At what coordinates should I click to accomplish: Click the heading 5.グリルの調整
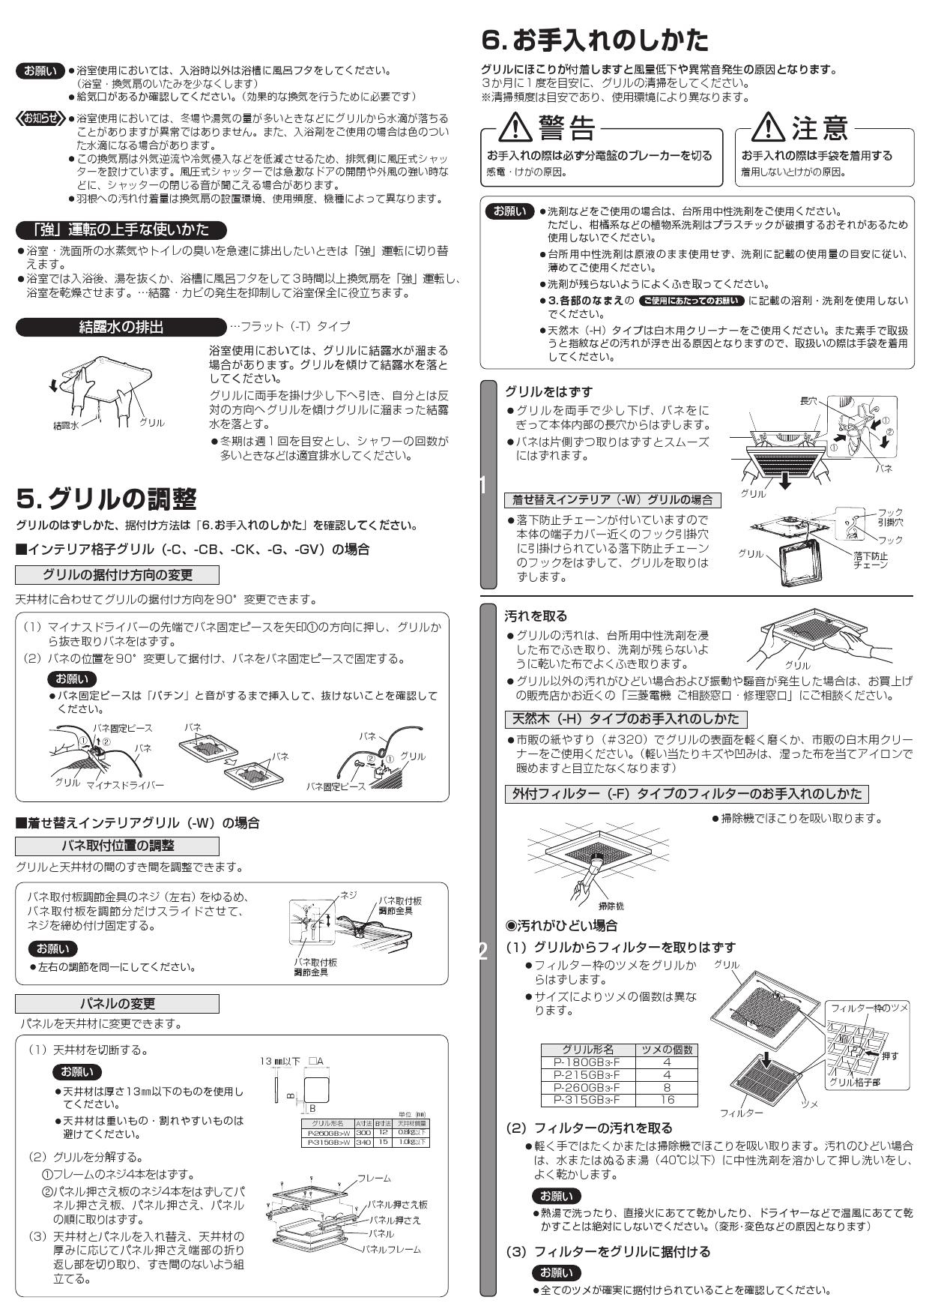tap(106, 499)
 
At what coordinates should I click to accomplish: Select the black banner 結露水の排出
tap(121, 327)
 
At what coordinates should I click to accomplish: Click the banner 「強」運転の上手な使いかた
tap(121, 229)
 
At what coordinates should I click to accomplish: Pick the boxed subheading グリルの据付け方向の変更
tap(117, 575)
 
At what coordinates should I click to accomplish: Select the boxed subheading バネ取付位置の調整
tap(117, 846)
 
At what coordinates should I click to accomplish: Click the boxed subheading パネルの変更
tap(117, 1004)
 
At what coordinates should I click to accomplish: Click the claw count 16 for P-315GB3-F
tap(666, 1101)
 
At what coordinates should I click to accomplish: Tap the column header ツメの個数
tap(666, 1050)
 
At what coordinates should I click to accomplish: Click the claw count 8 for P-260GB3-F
tap(666, 1088)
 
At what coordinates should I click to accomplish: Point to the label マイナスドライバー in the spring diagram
tap(125, 785)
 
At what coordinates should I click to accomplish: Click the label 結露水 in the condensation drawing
tap(66, 425)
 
